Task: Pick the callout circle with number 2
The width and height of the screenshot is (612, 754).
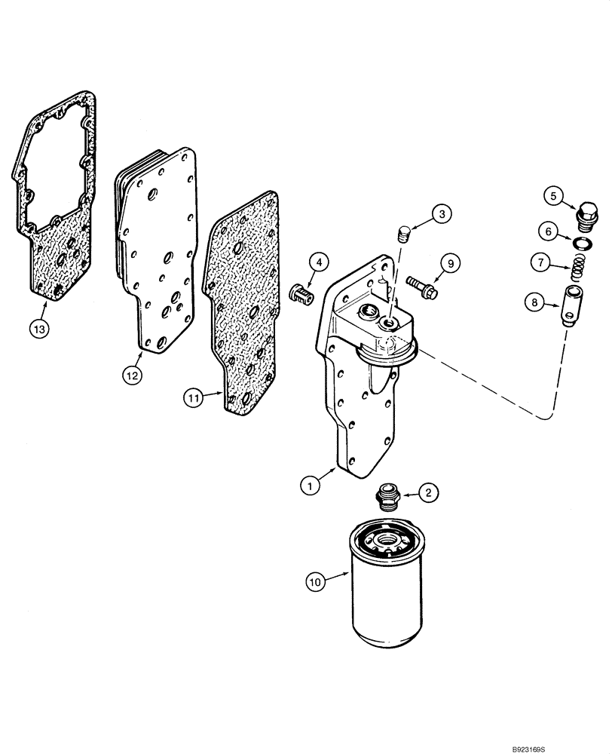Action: pos(427,494)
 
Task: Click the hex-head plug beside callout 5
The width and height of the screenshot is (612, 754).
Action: pos(584,216)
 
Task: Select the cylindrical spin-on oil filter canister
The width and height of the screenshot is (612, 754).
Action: pos(387,590)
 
